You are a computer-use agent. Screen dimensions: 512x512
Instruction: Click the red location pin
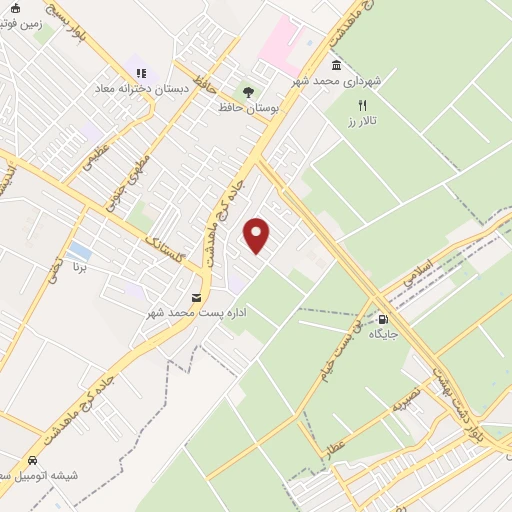point(258,235)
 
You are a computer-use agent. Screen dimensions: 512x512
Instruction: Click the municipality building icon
point(335,66)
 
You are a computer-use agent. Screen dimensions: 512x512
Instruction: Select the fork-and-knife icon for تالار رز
point(363,105)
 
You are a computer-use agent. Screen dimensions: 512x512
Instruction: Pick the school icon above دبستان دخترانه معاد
point(141,73)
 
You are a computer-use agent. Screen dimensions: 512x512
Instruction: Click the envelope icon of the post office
point(196,297)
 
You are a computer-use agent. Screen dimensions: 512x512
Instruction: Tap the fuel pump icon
point(383,320)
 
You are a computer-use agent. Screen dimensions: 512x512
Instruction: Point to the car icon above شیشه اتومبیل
point(33,460)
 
